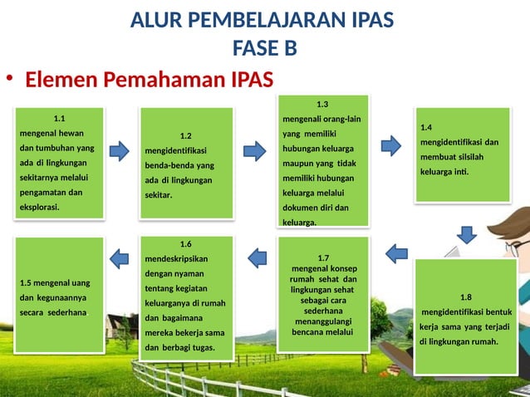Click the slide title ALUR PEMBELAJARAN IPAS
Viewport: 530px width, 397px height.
[262, 19]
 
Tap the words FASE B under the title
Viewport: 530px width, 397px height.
[264, 48]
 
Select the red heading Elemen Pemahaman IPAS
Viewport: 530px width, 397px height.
[149, 80]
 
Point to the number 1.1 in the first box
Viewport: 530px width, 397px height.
[60, 118]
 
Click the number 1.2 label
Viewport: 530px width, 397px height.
[185, 135]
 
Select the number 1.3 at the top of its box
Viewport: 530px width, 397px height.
[322, 104]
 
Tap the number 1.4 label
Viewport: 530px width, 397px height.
[426, 127]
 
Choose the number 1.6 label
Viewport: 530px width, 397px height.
[185, 243]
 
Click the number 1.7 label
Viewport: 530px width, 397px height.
[323, 257]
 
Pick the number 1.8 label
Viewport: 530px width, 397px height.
[465, 297]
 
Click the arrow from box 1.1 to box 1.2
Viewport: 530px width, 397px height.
[120, 150]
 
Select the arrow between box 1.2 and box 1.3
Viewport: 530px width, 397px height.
[254, 150]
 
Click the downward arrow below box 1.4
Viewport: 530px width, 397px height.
[467, 235]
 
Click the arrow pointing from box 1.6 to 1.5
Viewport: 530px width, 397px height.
[120, 258]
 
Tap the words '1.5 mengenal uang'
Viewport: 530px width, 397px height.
[54, 282]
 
